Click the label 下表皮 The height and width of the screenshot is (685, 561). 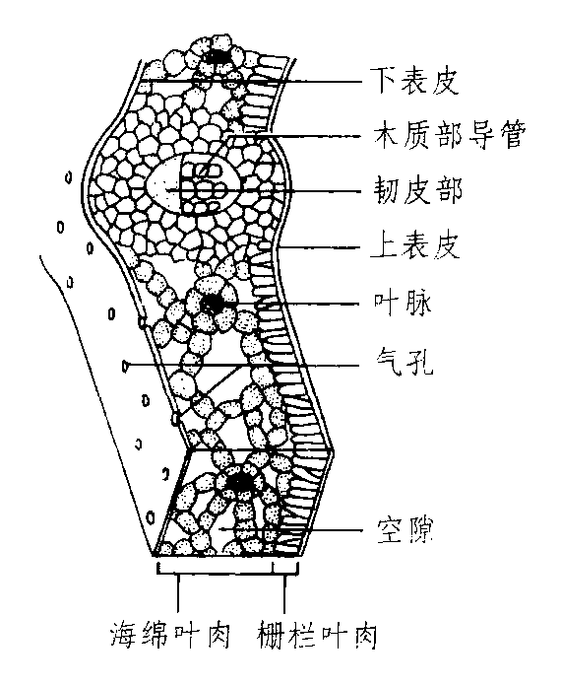click(415, 81)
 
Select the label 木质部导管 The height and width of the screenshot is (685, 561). click(450, 135)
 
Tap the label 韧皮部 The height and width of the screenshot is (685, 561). click(417, 190)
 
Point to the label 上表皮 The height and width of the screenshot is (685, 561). click(415, 245)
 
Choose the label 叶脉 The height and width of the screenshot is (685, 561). click(403, 303)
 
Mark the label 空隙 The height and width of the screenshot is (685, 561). click(405, 530)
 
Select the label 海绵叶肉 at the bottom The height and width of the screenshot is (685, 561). click(169, 635)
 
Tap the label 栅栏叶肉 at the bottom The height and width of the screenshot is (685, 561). click(317, 635)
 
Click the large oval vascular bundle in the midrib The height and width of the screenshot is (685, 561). click(192, 187)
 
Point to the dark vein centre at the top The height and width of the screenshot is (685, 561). click(219, 56)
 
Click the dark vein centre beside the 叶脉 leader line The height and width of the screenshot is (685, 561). click(213, 303)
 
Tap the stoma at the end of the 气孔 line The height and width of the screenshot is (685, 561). click(126, 364)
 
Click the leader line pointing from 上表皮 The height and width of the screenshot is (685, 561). click(320, 247)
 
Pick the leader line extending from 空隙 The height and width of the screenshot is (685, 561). click(291, 529)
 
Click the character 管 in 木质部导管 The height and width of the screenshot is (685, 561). click(512, 135)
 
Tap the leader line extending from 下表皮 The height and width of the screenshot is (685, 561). click(252, 81)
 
